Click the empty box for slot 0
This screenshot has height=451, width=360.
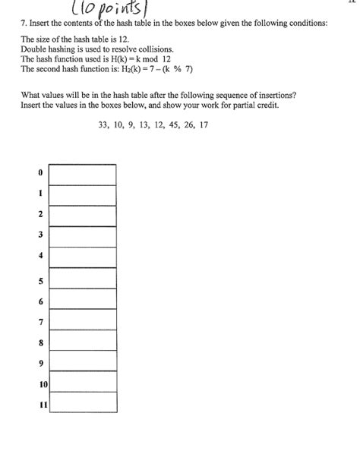(x=83, y=174)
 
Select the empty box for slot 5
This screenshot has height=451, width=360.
(x=83, y=279)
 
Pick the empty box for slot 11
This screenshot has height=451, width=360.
(x=83, y=402)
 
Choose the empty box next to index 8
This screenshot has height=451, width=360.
(x=83, y=341)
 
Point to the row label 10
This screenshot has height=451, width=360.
(x=41, y=385)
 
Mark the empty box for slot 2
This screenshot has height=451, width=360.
(x=83, y=215)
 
